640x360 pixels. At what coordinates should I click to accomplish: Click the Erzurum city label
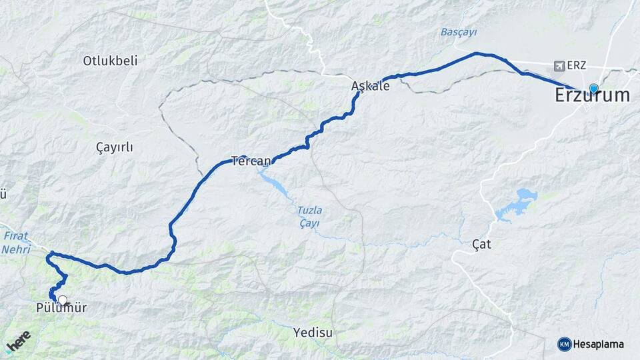coord(592,95)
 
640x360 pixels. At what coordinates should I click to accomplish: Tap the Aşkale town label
coord(370,85)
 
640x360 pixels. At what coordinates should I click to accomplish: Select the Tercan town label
coord(251,161)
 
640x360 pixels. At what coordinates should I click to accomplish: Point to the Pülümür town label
coord(61,308)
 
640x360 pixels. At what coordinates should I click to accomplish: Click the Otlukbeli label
coord(110,61)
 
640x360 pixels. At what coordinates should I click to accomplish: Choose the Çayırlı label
coord(114,147)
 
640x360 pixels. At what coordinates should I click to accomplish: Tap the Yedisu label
coord(312,331)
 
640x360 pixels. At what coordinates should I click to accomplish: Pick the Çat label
coord(481,245)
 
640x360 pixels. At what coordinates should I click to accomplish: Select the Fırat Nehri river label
coord(16,242)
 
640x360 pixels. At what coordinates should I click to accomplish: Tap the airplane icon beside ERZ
coord(559,67)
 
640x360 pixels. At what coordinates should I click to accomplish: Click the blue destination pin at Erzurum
coord(593,88)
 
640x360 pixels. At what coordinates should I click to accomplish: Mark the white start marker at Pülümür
coord(63,300)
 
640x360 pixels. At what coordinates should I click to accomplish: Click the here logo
coord(18,341)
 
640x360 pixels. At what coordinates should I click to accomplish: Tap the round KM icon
coord(565,344)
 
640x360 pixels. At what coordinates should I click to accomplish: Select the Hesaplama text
coord(599,344)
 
